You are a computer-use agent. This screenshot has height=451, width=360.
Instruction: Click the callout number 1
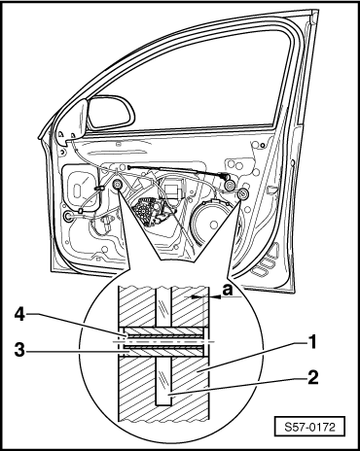click(x=311, y=342)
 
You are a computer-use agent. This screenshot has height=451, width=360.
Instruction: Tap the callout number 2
click(x=312, y=377)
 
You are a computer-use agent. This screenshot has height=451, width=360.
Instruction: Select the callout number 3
click(x=19, y=350)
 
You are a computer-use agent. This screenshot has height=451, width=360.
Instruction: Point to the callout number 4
click(x=20, y=314)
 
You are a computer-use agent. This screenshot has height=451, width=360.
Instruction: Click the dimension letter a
click(x=228, y=290)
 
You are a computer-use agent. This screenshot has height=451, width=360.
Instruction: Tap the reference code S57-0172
click(x=309, y=427)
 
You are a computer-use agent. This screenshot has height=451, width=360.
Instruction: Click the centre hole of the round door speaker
click(x=213, y=225)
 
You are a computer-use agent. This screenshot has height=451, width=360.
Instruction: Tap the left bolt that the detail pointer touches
click(x=117, y=185)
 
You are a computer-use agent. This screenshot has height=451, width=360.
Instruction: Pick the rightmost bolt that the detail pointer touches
click(x=242, y=194)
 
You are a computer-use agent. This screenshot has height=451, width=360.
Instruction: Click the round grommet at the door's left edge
click(x=67, y=217)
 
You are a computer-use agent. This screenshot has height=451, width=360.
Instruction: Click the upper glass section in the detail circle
click(x=163, y=307)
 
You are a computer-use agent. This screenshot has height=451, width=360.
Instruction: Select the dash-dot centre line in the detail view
click(x=163, y=342)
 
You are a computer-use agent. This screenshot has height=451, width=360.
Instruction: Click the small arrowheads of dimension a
click(x=206, y=296)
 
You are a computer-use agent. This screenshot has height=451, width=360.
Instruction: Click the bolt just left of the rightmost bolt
click(x=231, y=186)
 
